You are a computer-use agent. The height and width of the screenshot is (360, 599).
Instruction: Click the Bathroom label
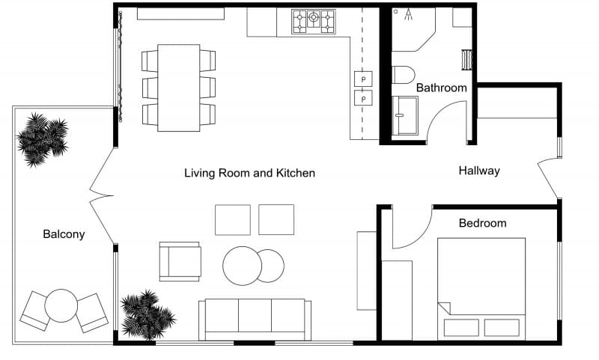(x=441, y=88)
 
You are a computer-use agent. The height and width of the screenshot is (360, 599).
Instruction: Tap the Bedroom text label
(x=482, y=223)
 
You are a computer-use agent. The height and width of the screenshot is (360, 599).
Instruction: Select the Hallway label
(x=478, y=171)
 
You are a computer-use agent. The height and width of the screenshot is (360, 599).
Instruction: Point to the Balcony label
(x=64, y=234)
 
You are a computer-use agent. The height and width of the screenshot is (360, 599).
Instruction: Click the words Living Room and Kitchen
(x=249, y=173)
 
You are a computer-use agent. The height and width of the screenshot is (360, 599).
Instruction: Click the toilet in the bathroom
(x=403, y=74)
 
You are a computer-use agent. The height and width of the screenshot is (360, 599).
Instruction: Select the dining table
(x=178, y=88)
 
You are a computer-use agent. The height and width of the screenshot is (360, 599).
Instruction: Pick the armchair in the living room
(x=180, y=261)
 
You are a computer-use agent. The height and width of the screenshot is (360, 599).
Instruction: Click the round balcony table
(x=61, y=305)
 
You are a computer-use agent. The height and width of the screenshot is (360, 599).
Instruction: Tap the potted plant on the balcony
(x=43, y=138)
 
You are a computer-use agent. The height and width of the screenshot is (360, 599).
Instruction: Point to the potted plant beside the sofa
(x=148, y=314)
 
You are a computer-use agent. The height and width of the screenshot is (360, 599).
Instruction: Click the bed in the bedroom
(x=481, y=288)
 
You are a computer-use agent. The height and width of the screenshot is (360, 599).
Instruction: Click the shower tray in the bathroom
(x=405, y=115)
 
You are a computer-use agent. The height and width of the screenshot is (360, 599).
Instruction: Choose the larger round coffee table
(x=242, y=265)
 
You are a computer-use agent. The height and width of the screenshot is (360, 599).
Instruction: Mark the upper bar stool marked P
(x=363, y=79)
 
